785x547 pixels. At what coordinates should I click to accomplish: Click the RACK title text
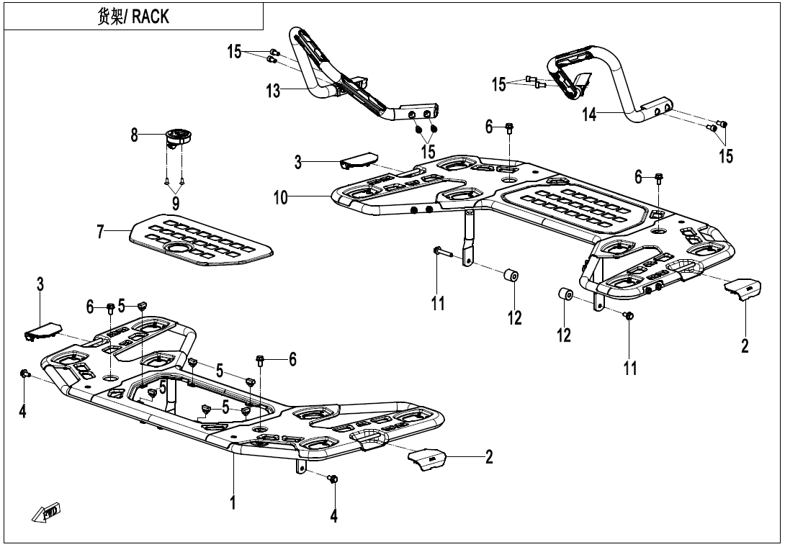133,17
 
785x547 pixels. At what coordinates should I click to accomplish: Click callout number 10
281,197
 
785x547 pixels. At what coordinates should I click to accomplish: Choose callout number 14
590,114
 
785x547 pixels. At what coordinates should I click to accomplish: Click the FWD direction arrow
45,512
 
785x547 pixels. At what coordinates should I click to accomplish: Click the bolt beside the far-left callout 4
24,374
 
